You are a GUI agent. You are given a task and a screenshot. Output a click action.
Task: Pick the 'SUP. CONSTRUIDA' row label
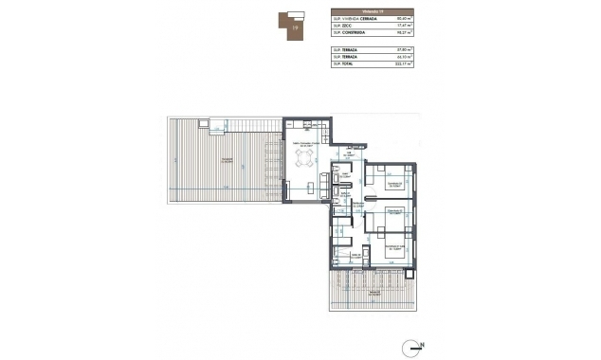pos(350,34)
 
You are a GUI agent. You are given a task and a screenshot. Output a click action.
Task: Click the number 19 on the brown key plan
pos(297,28)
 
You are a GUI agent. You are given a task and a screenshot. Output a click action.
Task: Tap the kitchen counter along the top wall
pos(308,126)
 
